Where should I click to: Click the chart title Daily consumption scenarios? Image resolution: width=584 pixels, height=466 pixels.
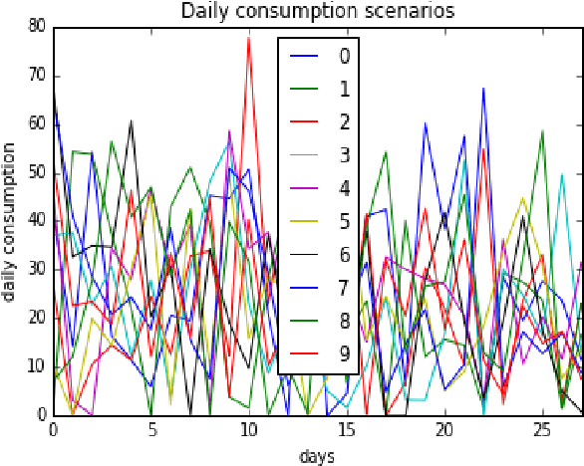[x=316, y=11]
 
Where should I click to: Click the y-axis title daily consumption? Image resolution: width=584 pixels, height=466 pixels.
[x=10, y=221]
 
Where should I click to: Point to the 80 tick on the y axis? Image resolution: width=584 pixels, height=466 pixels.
[x=36, y=27]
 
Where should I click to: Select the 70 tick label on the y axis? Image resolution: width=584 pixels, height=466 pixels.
[x=36, y=76]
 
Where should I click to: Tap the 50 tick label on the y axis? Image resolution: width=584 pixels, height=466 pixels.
[x=36, y=172]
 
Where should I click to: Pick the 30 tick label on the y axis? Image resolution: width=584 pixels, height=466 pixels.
[x=36, y=269]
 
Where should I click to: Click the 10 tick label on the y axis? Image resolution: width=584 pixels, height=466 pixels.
[x=36, y=366]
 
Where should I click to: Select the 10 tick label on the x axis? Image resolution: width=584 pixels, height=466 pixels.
[x=248, y=432]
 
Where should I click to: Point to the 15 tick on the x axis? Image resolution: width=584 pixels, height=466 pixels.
[x=345, y=432]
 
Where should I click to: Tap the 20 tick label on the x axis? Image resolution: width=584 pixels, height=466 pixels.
[x=442, y=432]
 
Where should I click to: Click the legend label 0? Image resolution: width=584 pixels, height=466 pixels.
[x=344, y=56]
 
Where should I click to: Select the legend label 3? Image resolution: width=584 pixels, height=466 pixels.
[x=344, y=154]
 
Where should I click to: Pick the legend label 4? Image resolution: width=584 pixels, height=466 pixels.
[x=344, y=187]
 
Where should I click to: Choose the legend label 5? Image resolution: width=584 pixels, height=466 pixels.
[x=344, y=221]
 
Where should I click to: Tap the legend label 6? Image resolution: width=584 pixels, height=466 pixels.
[x=344, y=254]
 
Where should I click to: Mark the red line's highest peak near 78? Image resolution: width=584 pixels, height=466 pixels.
[x=248, y=37]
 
